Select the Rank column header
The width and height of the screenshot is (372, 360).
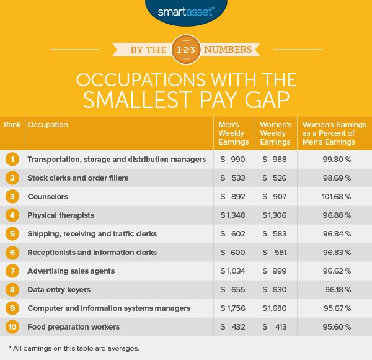click(x=12, y=125)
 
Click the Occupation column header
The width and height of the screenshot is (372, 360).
click(x=48, y=125)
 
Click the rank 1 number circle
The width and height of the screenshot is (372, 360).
click(x=12, y=160)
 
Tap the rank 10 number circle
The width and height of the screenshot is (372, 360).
click(x=12, y=327)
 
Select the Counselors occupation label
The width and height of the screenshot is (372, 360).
click(x=48, y=197)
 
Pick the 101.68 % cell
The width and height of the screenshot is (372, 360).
click(x=335, y=197)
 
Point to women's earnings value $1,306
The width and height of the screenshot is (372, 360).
click(x=275, y=215)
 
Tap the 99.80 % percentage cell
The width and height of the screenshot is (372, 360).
click(x=335, y=160)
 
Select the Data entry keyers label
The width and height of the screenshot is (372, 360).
click(x=60, y=290)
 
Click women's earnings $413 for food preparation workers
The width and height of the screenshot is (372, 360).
click(x=275, y=327)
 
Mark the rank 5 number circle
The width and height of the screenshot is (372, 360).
click(x=12, y=234)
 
